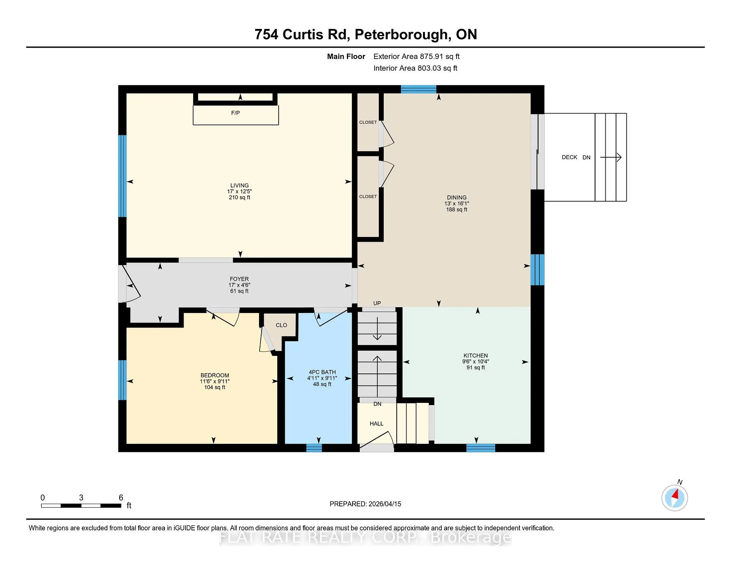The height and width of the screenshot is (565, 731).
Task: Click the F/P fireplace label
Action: pos(235,113)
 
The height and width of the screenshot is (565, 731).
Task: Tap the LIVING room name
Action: pos(239,185)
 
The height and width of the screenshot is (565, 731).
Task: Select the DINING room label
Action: pos(456,198)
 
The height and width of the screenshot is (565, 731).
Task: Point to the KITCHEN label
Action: pos(476,356)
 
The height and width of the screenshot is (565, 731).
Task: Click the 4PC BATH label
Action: pos(322,372)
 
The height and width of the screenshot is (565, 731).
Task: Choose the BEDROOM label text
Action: pos(215,375)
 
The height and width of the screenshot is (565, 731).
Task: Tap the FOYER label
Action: pos(239,279)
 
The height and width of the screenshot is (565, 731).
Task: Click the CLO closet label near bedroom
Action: pos(281,325)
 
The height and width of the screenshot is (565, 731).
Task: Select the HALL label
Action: pos(377,424)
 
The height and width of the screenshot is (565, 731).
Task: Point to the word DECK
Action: pos(570,157)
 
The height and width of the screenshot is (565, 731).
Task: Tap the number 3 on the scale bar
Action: pos(81,498)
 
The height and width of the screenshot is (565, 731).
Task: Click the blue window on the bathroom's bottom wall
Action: pos(314,448)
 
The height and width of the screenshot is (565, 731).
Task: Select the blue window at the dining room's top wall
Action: pos(418,89)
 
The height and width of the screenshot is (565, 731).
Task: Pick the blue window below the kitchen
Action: pos(481,448)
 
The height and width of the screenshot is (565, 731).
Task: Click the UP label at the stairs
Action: pos(377,303)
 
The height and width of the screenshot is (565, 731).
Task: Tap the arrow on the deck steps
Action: pos(611,157)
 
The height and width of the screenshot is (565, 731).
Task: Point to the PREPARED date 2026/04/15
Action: pos(385,504)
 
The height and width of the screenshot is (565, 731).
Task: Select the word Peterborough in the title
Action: pos(401,35)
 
